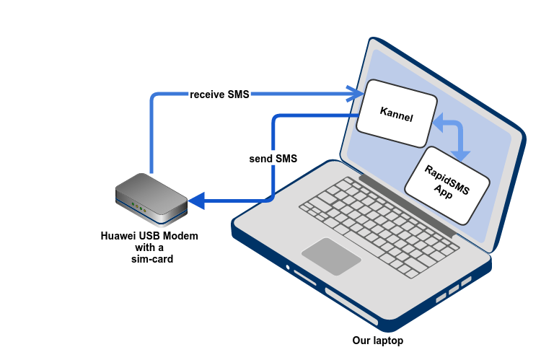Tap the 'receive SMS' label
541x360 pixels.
[x=219, y=95]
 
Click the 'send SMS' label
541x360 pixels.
[x=272, y=158]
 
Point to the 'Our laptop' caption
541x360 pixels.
[x=377, y=341]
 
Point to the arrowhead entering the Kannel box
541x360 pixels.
[x=355, y=95]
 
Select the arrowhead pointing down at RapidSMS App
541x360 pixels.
[x=461, y=154]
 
